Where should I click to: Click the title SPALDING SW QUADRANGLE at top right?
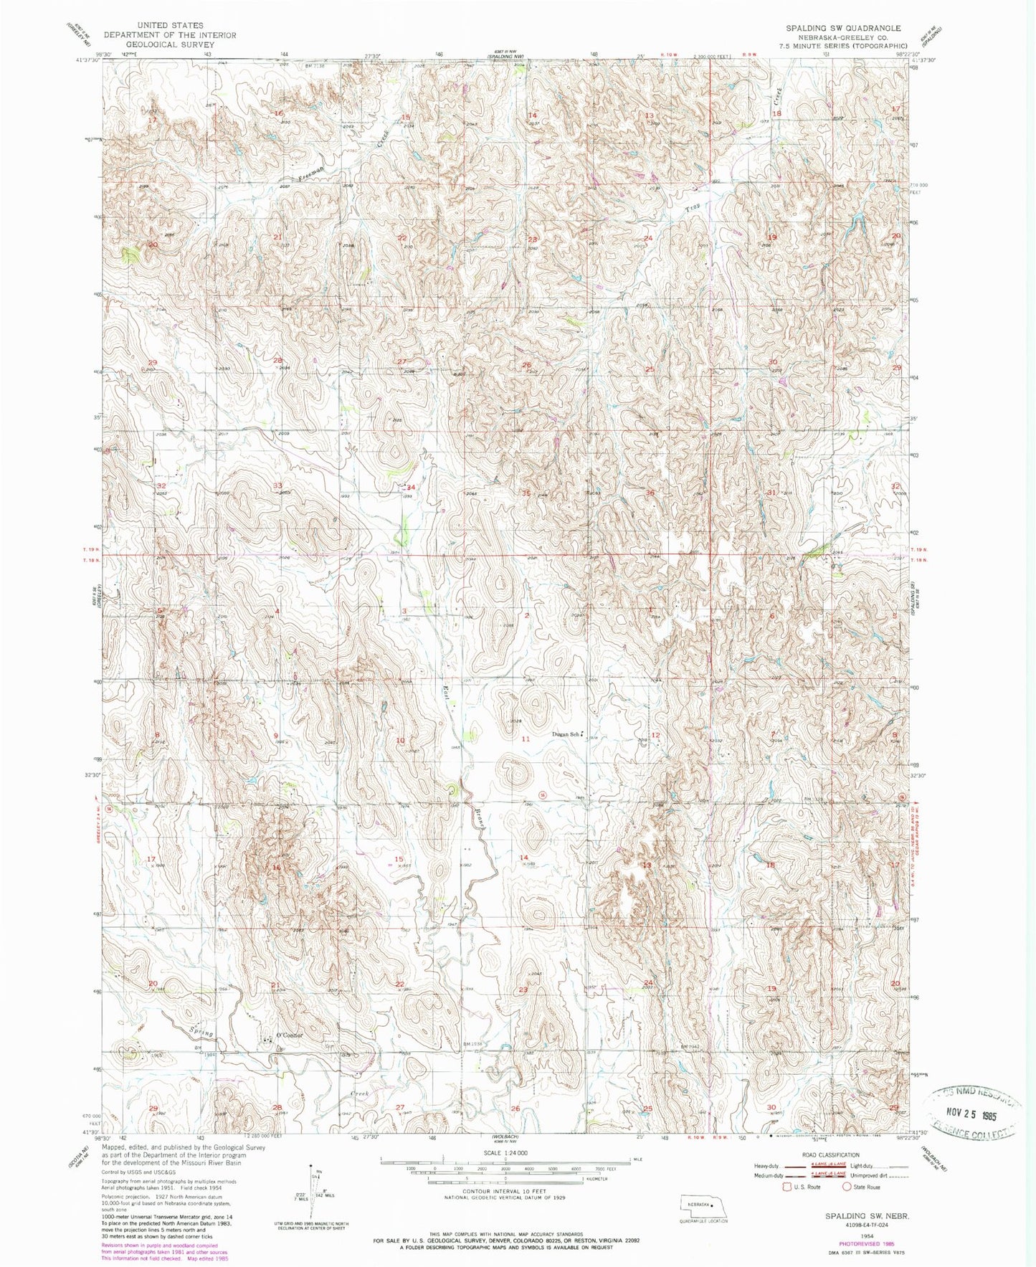coord(843,28)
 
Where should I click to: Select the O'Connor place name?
coord(290,1035)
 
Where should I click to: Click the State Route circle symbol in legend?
coord(847,1187)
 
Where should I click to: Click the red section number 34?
coord(411,488)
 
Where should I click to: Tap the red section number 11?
coord(526,739)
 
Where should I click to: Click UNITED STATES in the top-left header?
coord(170,25)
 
